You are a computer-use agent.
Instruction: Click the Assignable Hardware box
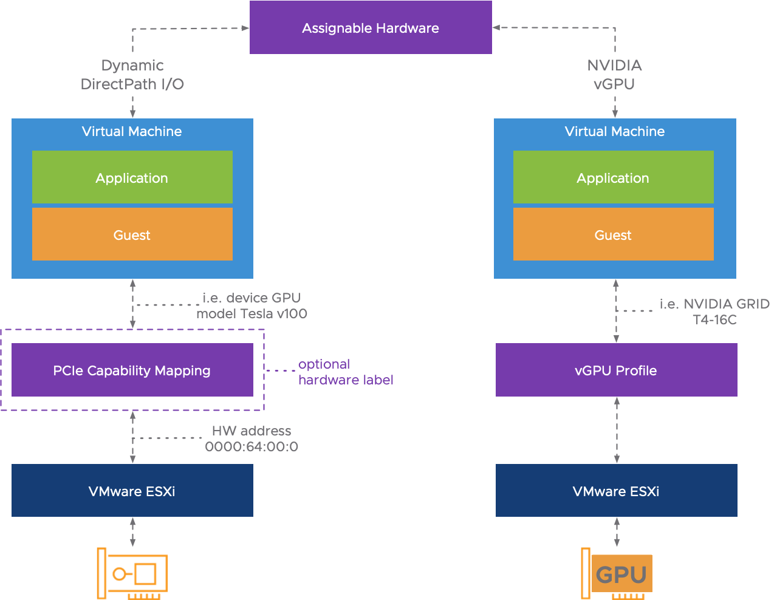point(371,28)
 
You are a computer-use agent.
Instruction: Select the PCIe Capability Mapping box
point(132,370)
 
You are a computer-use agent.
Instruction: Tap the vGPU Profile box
point(616,370)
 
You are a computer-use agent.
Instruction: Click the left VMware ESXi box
point(132,491)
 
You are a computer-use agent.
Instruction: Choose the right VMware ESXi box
point(616,491)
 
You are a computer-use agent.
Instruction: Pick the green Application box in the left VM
point(132,177)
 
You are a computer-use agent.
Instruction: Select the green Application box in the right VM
point(613,177)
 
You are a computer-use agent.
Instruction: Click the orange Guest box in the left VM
point(132,234)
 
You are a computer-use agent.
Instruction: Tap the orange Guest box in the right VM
point(613,234)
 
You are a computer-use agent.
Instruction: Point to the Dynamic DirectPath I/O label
point(132,75)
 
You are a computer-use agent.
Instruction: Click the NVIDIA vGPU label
point(614,75)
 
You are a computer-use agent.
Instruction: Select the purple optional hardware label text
point(345,372)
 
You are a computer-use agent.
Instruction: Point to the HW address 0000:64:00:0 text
point(252,438)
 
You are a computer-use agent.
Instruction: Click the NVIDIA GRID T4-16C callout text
point(714,312)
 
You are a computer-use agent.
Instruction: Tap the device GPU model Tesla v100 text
point(252,305)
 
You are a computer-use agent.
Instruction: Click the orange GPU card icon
point(617,574)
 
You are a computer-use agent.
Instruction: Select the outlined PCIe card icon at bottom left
point(132,574)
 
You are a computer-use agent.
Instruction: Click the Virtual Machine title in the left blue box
point(132,131)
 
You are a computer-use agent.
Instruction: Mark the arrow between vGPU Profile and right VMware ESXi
point(617,430)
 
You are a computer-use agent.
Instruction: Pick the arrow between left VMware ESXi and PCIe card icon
point(132,532)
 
